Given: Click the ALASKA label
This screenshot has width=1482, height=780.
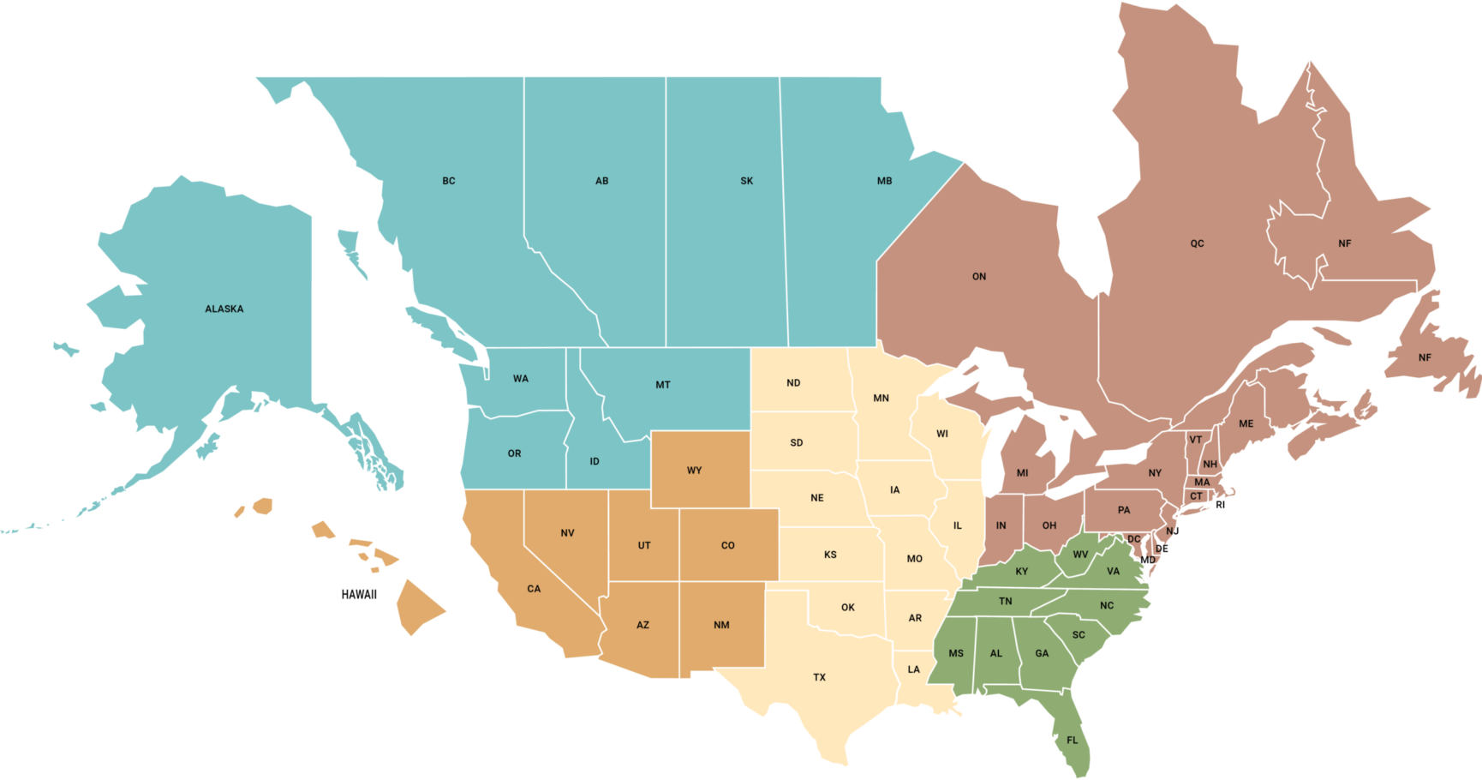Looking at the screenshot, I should click(x=224, y=309).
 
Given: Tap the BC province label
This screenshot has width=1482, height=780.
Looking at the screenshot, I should click(x=449, y=181).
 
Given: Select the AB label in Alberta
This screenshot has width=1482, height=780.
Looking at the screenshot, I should click(x=602, y=181).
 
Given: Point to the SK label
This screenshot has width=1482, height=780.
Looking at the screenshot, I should click(x=747, y=181).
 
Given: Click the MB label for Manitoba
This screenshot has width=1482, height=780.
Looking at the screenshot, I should click(x=885, y=181).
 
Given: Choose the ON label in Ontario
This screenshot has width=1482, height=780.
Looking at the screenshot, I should click(x=979, y=277).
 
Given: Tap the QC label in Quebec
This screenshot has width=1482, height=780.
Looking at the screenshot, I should click(x=1197, y=243).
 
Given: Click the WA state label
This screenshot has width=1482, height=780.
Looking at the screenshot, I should click(x=521, y=379).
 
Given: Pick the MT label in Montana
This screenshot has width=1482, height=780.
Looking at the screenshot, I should click(x=663, y=385).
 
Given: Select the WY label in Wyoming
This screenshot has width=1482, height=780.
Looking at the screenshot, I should click(x=694, y=471).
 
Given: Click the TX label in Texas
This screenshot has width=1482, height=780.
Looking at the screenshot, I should click(x=820, y=677).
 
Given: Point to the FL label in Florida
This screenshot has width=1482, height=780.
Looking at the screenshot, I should click(x=1073, y=741).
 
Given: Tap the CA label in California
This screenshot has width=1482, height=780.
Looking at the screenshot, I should click(x=534, y=589).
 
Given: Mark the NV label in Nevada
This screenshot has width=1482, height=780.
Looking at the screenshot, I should click(x=567, y=533).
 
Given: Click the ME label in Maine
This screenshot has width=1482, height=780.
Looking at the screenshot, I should click(x=1246, y=423).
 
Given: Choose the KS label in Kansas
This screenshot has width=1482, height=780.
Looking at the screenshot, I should click(x=830, y=555).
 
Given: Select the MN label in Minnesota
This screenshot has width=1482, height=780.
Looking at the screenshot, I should click(x=881, y=398).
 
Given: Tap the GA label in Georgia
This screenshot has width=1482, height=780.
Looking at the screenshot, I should click(x=1042, y=653).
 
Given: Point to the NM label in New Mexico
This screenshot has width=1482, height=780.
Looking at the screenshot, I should click(x=721, y=625).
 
